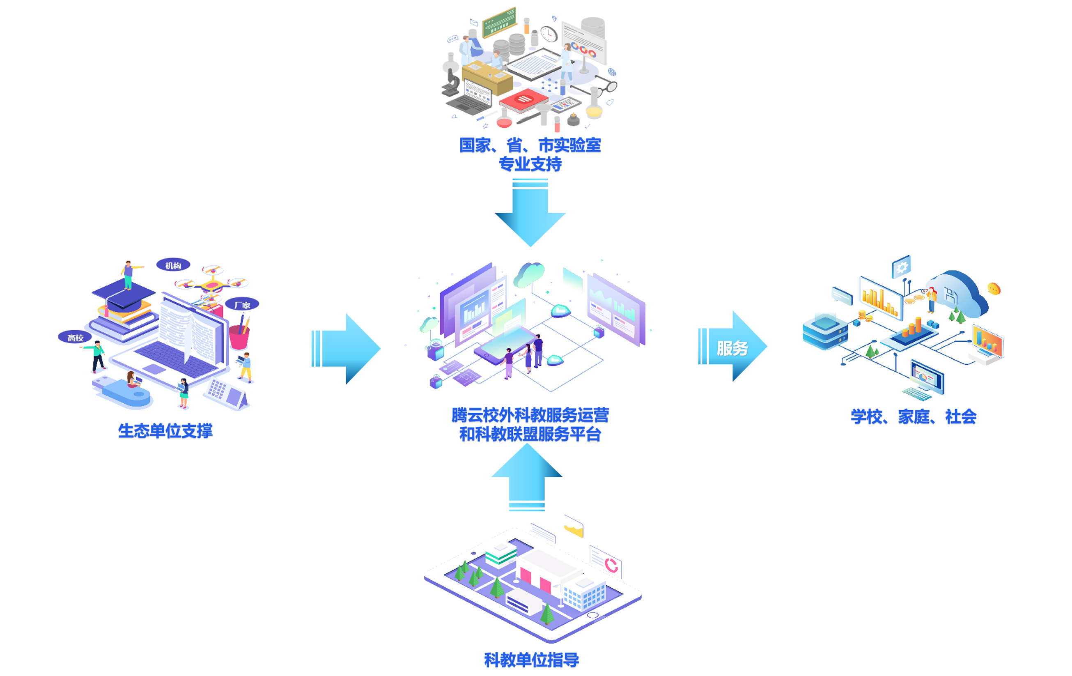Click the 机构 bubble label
173,265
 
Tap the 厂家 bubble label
242,305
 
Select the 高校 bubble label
75,338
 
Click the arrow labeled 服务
732,347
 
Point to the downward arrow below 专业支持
530,214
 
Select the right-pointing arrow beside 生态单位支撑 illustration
347,349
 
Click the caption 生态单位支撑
165,431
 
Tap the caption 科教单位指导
532,660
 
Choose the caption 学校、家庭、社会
914,417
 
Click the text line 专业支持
530,164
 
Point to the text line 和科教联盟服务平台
530,434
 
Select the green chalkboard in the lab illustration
499,21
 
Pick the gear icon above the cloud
902,267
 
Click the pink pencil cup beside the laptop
239,337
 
